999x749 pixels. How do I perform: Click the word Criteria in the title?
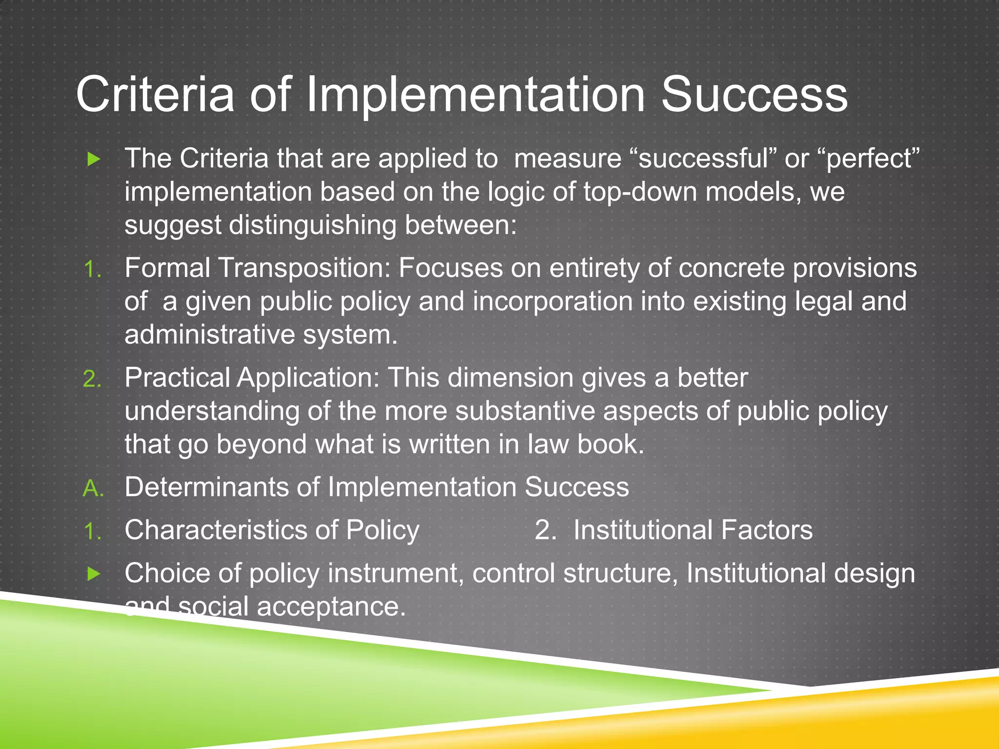click(x=155, y=95)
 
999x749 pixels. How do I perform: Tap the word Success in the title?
click(x=754, y=95)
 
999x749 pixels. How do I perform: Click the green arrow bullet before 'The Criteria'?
click(x=93, y=159)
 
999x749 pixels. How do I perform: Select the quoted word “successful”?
click(x=703, y=159)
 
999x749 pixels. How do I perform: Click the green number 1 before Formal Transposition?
click(x=92, y=269)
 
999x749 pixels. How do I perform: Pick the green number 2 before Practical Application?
click(x=92, y=379)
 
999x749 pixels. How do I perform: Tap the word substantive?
click(x=525, y=411)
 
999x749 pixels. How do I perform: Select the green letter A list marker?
click(x=93, y=488)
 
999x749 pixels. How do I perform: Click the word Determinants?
click(x=207, y=487)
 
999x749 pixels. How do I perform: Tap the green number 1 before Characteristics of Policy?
click(x=92, y=531)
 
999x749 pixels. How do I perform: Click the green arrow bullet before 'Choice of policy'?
click(x=93, y=574)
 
